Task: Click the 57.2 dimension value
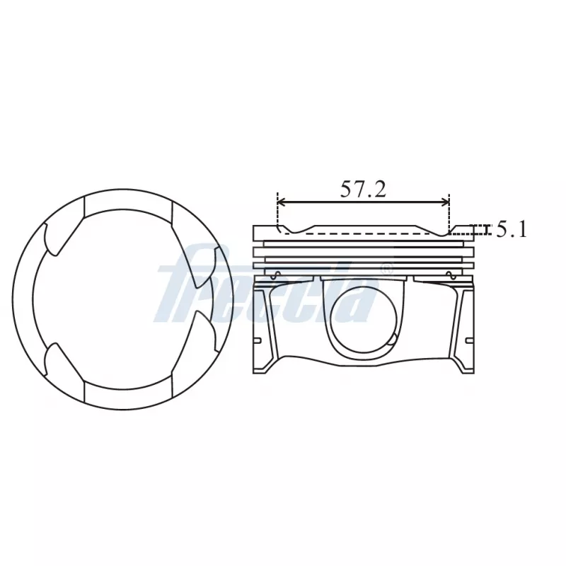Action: pos(363,189)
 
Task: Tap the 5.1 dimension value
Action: pos(511,229)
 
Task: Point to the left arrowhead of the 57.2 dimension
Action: pos(281,202)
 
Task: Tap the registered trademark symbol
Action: pos(386,270)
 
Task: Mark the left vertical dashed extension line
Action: pos(277,212)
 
